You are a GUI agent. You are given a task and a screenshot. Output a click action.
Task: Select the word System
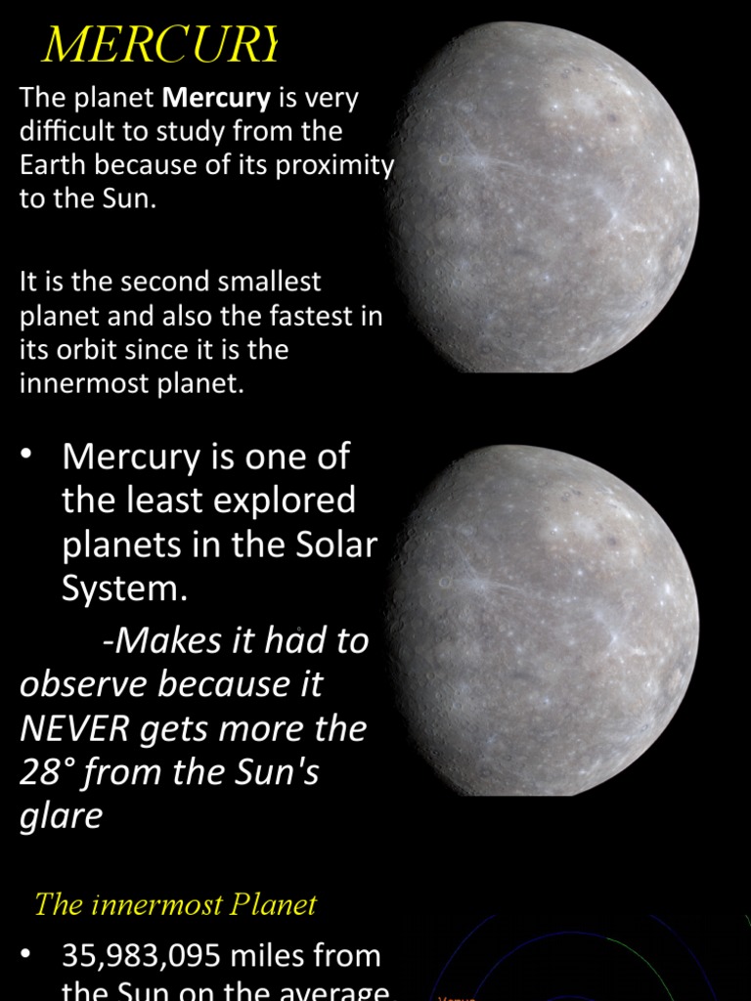tap(123, 588)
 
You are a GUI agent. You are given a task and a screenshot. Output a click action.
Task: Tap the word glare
tap(61, 816)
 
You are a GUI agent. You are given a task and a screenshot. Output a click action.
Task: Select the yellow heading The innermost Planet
tap(175, 904)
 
